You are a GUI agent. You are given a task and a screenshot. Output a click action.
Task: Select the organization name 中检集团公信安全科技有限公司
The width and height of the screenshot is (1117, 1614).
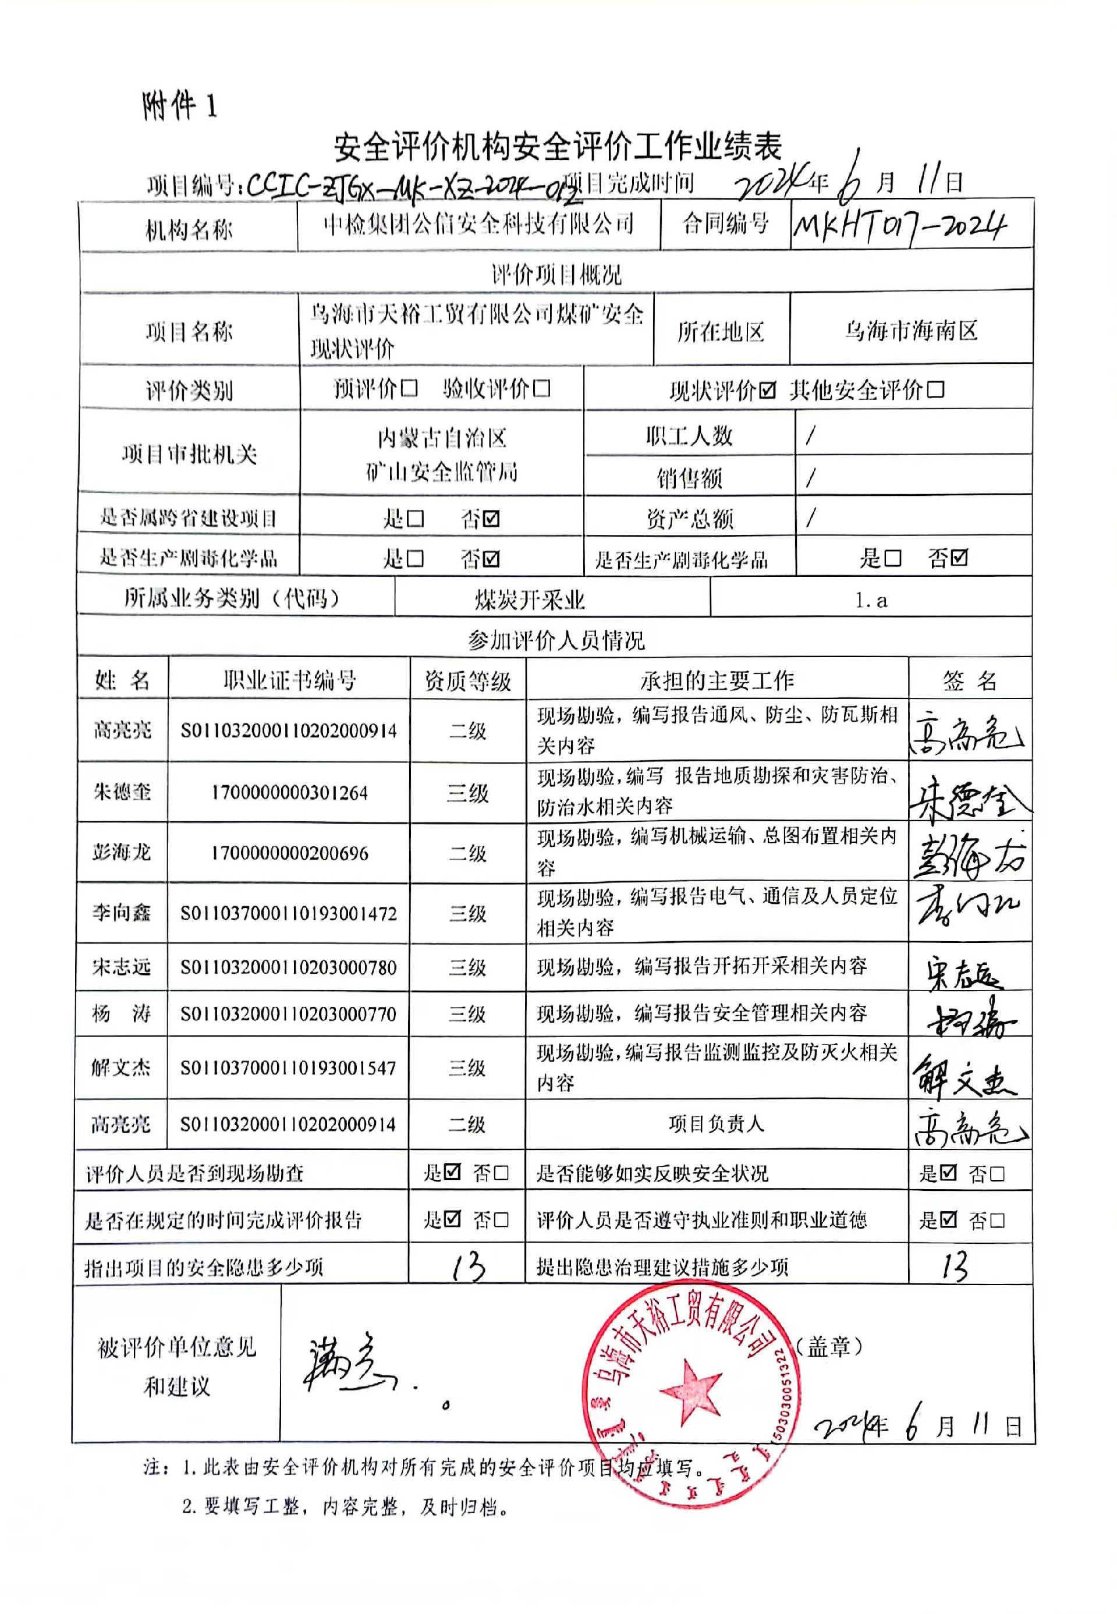tap(478, 224)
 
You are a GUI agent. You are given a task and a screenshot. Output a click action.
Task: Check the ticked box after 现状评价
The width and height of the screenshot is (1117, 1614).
tap(768, 391)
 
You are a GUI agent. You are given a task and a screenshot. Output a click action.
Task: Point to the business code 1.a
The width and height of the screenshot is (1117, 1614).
tap(871, 601)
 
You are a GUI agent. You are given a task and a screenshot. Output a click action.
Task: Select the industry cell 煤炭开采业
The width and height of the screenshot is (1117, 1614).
tap(529, 601)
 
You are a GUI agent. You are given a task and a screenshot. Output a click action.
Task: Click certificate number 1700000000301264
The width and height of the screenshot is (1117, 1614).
tap(289, 793)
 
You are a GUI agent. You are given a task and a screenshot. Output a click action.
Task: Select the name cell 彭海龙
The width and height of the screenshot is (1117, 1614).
tap(121, 853)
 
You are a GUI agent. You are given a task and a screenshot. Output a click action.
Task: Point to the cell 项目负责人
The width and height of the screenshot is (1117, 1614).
tap(716, 1124)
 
